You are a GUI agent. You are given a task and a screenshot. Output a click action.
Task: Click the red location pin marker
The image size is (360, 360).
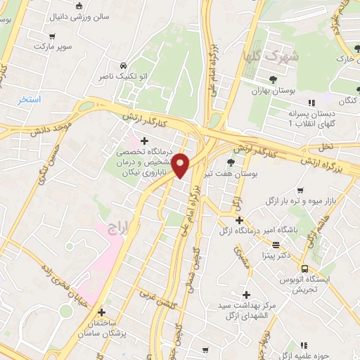click(181, 166)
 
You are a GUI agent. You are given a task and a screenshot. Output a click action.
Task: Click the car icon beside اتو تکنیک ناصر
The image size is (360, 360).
click(124, 63)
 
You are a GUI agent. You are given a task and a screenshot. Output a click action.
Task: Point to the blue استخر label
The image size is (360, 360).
click(30, 100)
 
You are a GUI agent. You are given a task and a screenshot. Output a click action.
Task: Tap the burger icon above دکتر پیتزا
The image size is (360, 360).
click(276, 245)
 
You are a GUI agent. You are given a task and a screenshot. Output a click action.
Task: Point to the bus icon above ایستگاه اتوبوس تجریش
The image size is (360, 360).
click(304, 268)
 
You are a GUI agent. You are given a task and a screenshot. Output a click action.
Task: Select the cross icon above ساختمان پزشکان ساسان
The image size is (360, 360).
click(102, 311)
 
